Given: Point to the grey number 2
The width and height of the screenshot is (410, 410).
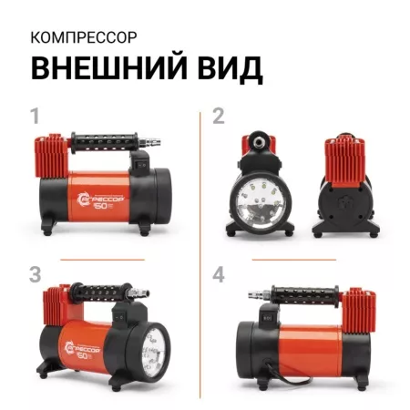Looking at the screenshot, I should [x=219, y=117].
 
